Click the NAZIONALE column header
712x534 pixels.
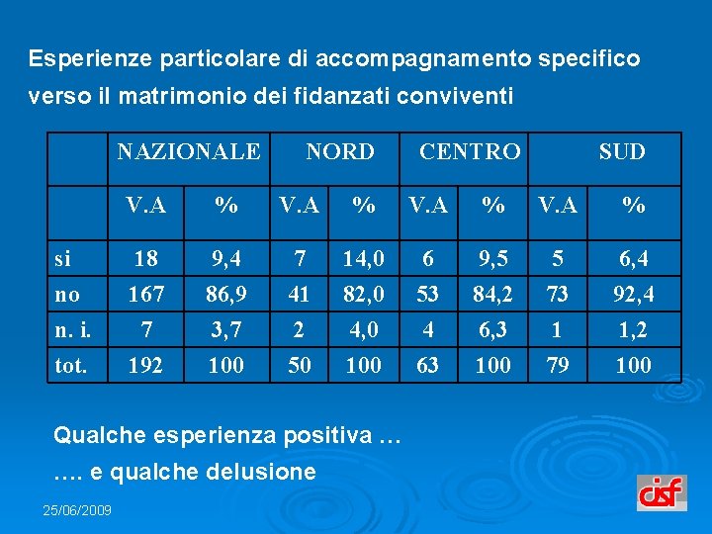click(188, 152)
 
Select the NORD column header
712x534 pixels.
click(339, 152)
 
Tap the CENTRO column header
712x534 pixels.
click(470, 152)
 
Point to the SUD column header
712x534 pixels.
click(622, 152)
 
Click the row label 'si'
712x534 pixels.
click(62, 260)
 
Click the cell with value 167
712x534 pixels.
click(145, 295)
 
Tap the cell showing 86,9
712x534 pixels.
click(226, 295)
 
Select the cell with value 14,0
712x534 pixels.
click(364, 260)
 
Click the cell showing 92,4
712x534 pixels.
click(633, 295)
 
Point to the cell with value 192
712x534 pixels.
click(145, 366)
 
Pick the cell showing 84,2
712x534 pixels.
click(492, 295)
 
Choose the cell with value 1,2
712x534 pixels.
click(633, 329)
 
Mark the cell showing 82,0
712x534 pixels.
click(364, 295)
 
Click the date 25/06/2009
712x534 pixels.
click(77, 510)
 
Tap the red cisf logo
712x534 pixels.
click(662, 492)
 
